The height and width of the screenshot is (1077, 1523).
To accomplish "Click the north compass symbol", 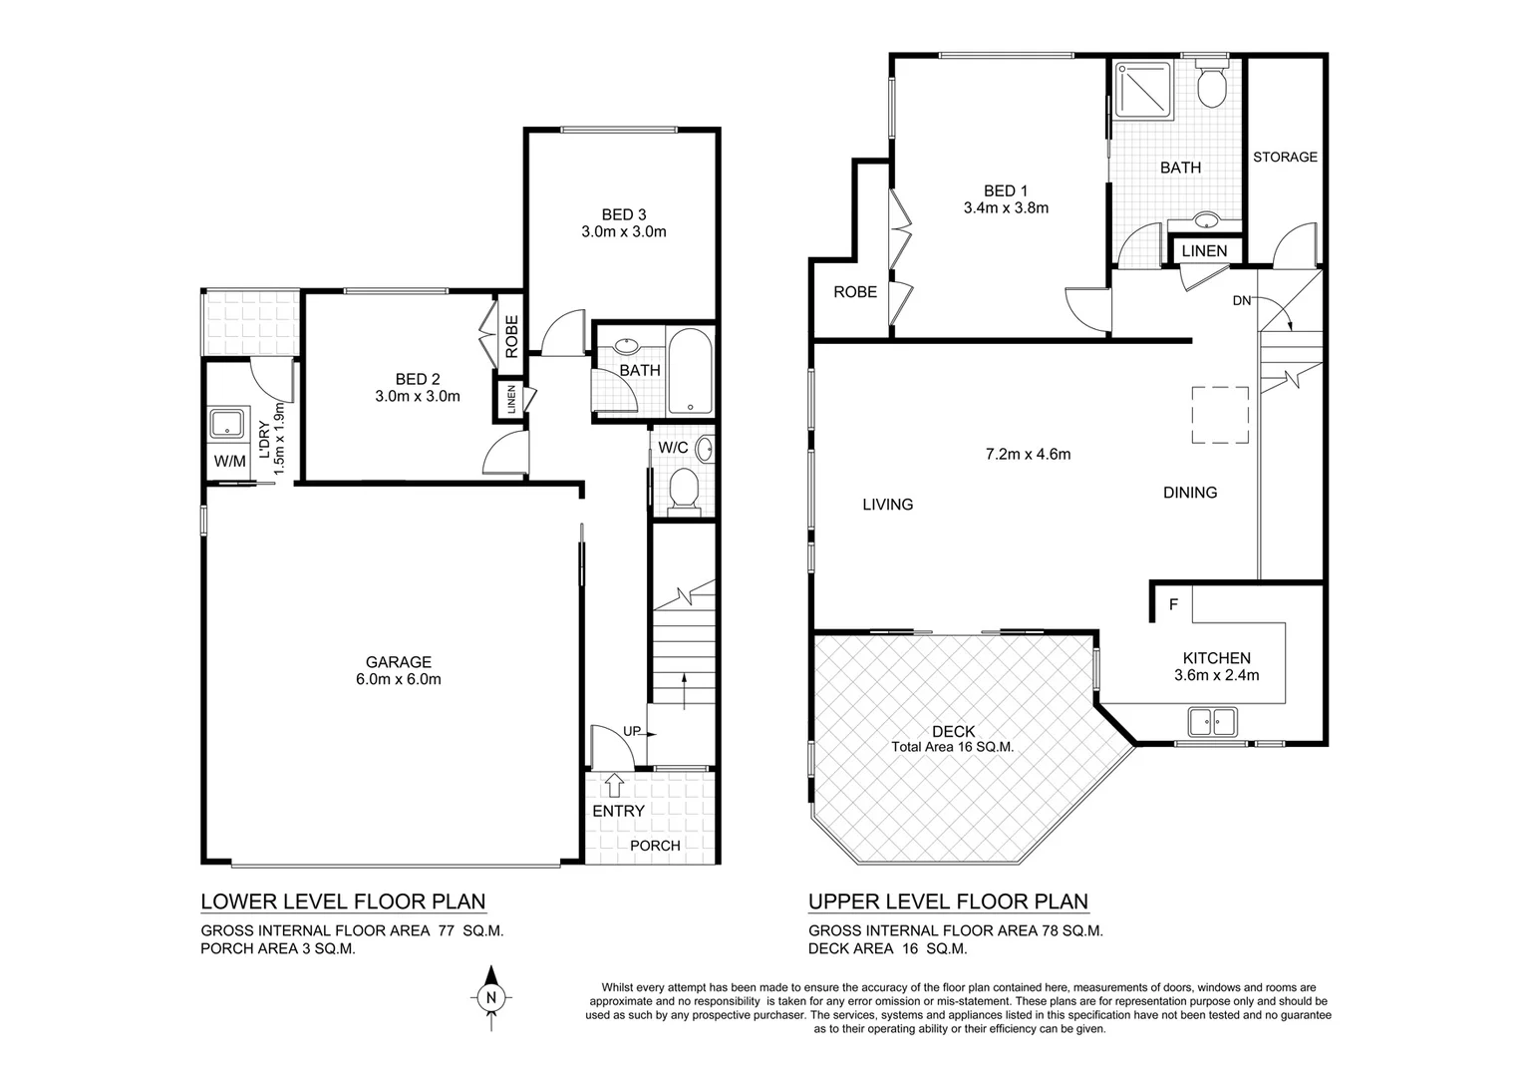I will point(489,995).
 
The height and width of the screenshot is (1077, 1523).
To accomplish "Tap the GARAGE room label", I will point(398,662).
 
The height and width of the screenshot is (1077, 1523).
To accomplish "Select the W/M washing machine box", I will point(229,462).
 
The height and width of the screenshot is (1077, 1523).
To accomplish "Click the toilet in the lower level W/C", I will point(684,490).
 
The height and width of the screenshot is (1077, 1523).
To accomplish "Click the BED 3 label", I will point(624,214).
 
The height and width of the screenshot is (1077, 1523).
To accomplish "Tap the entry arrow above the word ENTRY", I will point(614,784).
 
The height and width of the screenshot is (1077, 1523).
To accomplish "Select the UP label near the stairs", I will point(632,731).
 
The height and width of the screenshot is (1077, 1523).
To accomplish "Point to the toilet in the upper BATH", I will point(1212,88).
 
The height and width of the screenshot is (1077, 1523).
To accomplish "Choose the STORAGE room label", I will point(1285,157).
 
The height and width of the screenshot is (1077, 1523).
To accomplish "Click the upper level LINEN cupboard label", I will point(1204,250).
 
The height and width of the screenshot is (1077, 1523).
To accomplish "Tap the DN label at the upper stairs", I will point(1241,300).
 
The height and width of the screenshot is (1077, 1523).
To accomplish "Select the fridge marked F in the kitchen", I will point(1173,604).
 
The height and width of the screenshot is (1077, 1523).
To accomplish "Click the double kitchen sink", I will point(1212,720).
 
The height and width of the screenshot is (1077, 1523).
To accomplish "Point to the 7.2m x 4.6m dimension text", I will point(1028,454).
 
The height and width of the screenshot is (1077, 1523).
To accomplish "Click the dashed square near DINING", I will point(1221,415).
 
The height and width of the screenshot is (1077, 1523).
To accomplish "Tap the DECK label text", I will point(953,732).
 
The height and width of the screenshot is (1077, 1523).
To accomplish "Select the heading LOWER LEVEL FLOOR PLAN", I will point(343,902).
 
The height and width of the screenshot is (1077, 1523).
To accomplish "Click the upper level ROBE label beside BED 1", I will point(855,292).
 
